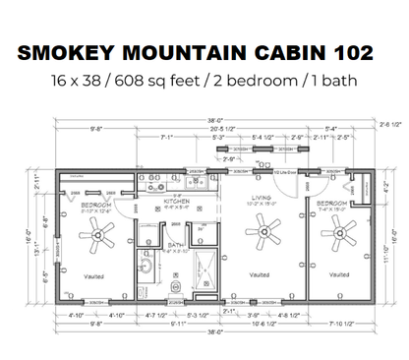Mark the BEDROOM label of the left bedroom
(95, 205)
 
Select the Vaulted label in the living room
(260, 274)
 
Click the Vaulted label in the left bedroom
(94, 275)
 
